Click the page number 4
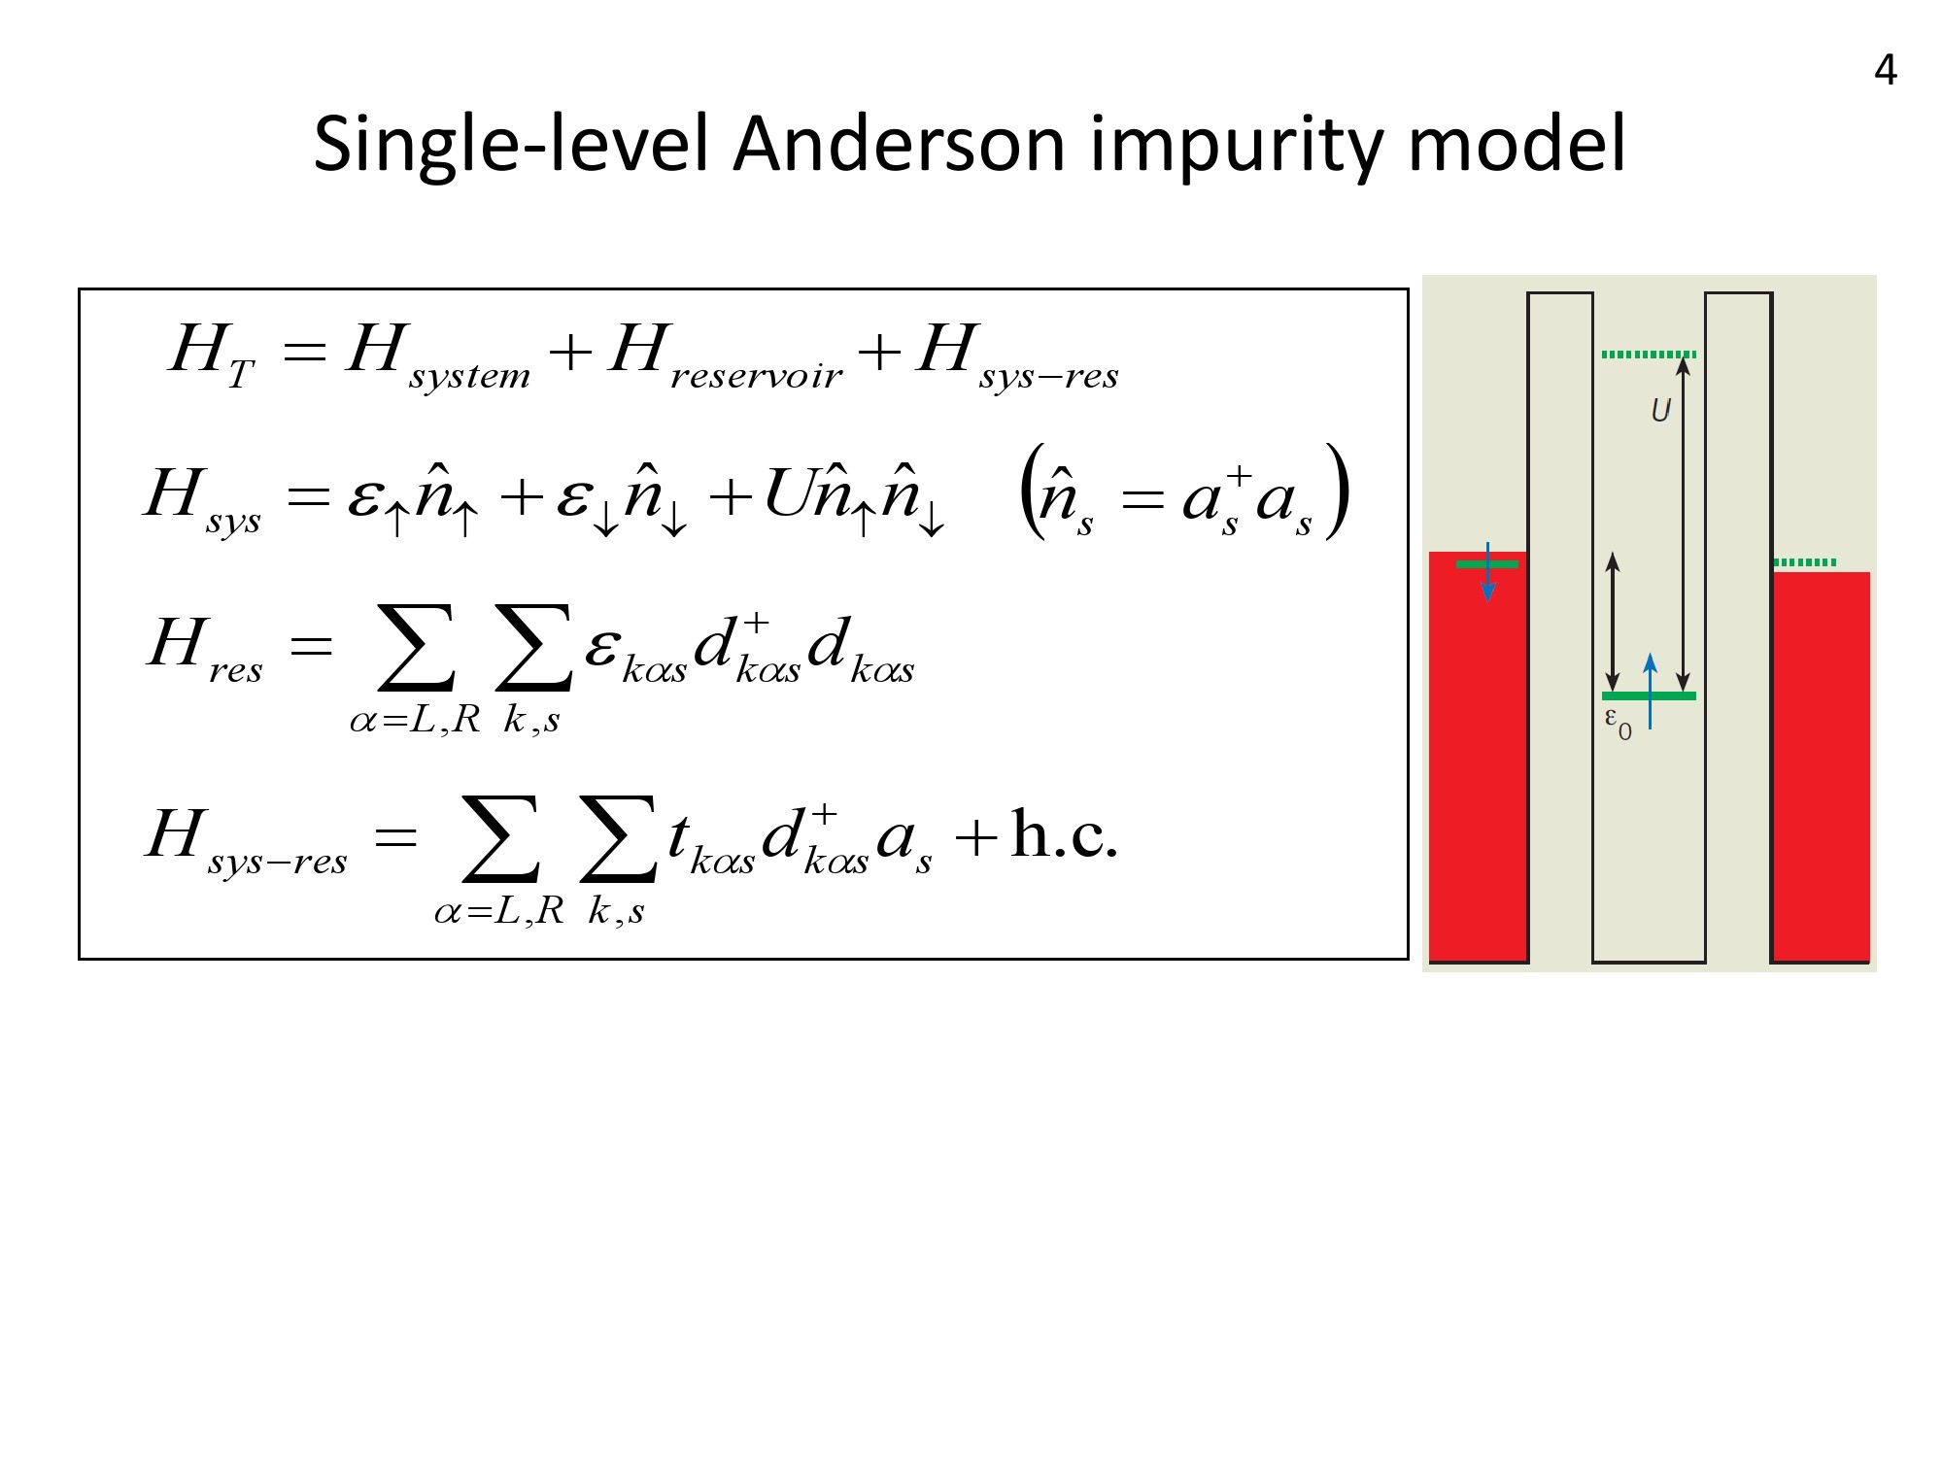pos(1885,70)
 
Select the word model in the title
pos(1517,144)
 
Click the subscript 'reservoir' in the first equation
pos(757,376)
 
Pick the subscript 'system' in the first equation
pos(470,376)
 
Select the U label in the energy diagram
pos(1660,411)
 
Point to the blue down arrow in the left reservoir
pos(1487,571)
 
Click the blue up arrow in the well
pos(1650,691)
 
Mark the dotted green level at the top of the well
pos(1649,355)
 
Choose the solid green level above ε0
pos(1649,695)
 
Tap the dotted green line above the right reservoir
pos(1804,562)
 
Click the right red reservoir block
pos(1822,766)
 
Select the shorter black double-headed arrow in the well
pos(1613,622)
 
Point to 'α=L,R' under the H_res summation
pos(415,720)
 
